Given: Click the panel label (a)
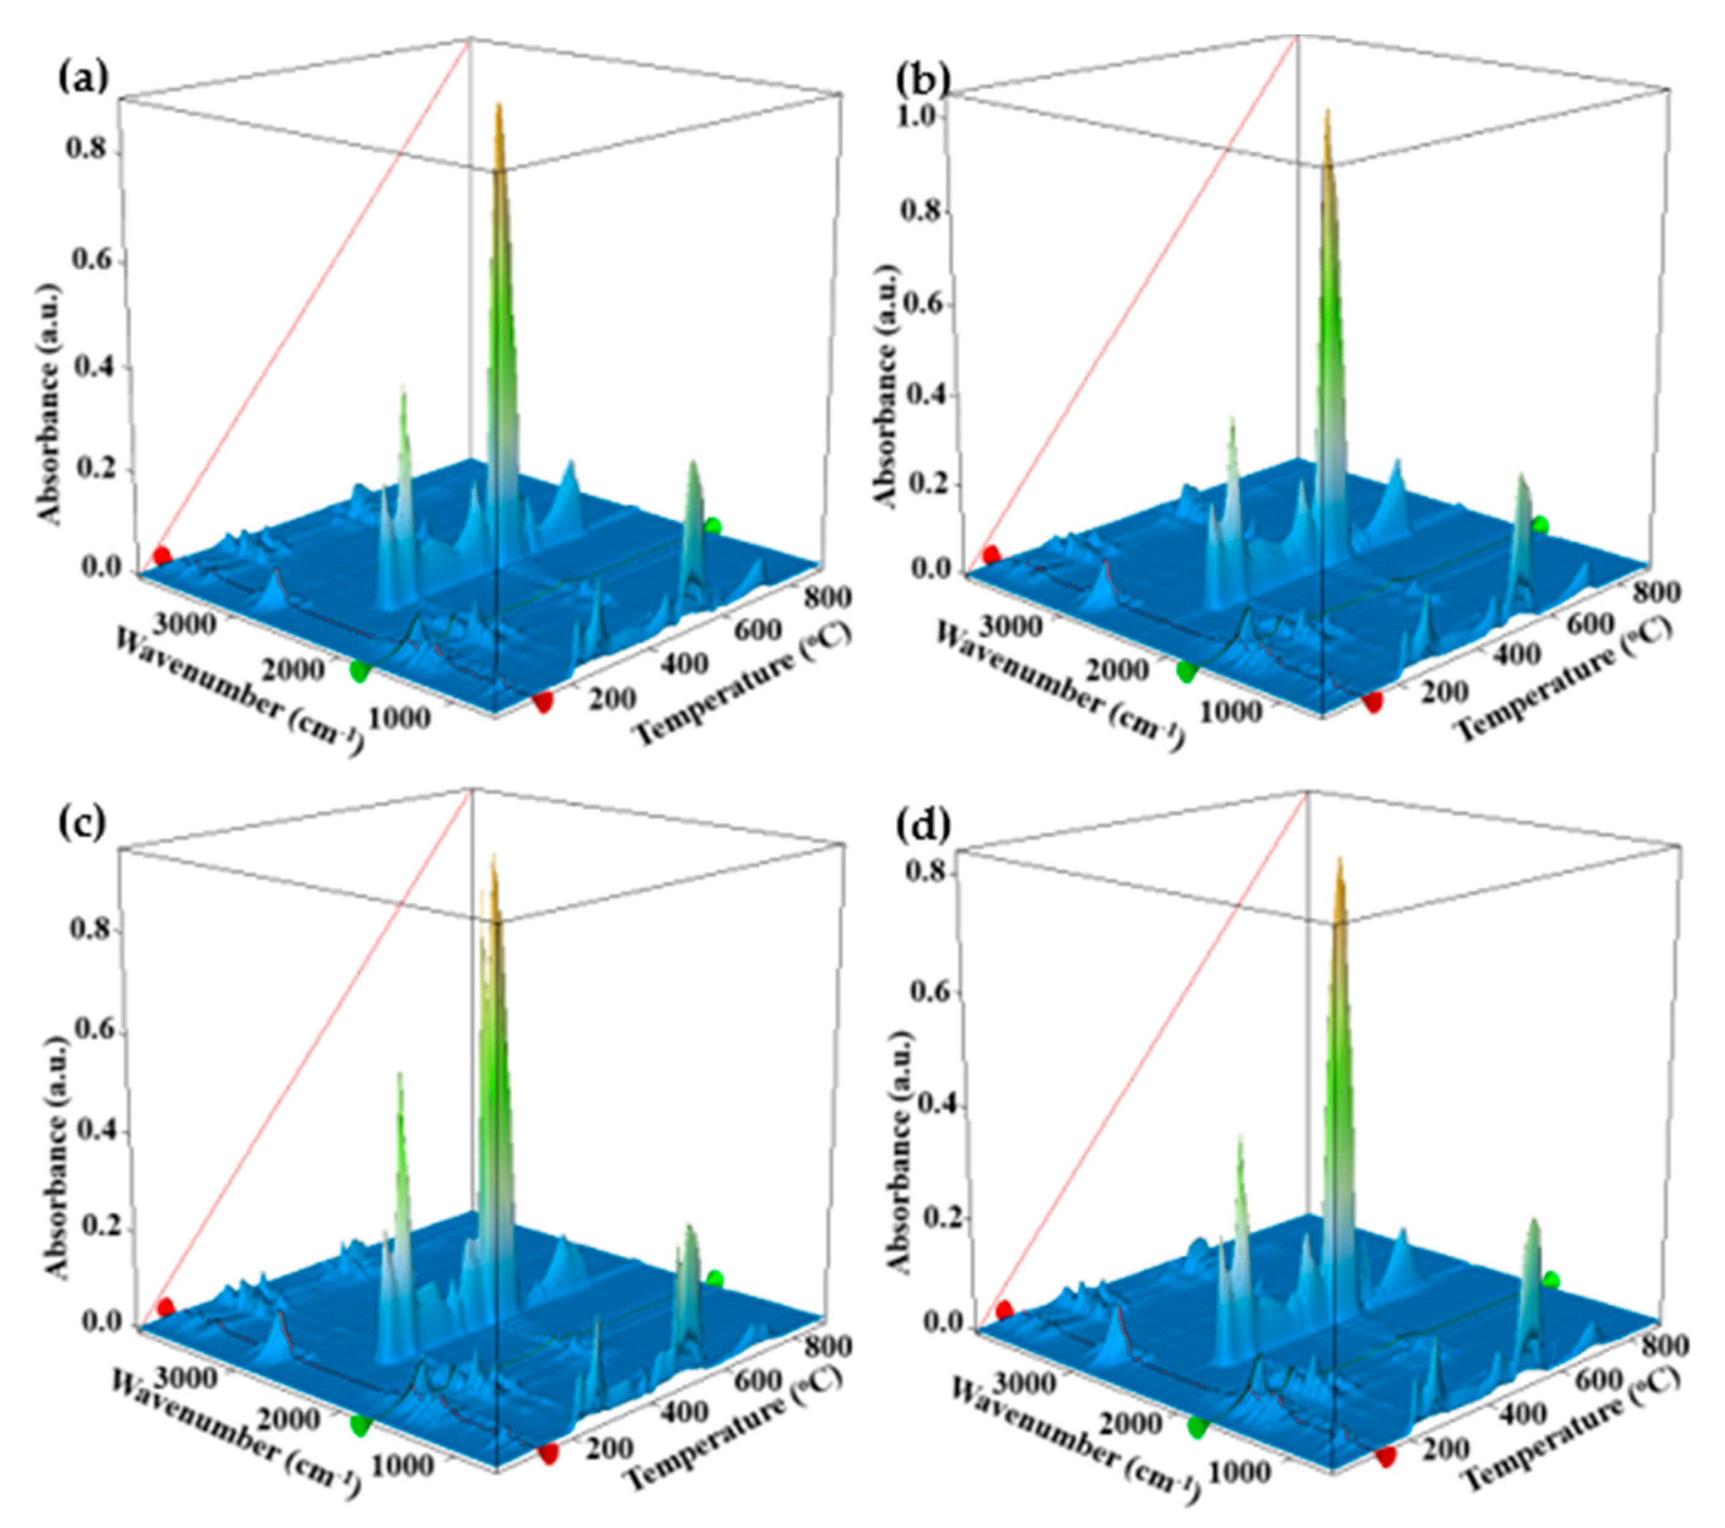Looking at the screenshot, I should click(x=83, y=78).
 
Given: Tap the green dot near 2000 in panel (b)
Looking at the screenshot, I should click(x=1186, y=672).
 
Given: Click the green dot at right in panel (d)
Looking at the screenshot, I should click(x=1550, y=1281).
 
